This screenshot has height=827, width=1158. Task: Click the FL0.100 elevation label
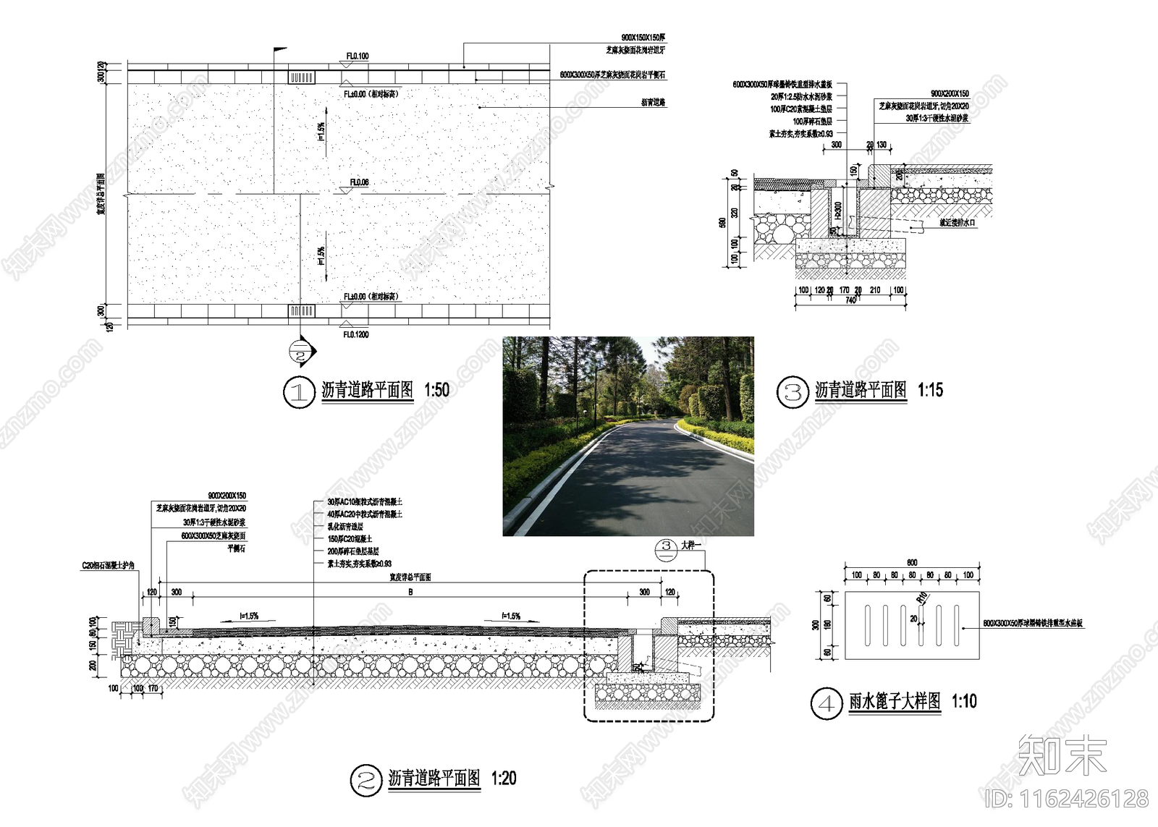357,56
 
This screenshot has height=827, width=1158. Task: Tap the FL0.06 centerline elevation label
359,182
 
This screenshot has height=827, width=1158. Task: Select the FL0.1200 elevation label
356,334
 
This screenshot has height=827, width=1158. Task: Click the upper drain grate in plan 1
302,77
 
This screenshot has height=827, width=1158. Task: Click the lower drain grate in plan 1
302,311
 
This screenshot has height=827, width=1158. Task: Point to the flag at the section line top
280,51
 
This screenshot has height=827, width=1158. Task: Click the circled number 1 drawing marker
297,392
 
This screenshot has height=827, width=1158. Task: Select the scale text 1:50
436,391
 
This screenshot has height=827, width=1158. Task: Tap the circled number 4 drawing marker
826,703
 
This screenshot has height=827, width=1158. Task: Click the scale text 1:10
964,701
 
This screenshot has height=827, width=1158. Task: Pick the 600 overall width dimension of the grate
912,562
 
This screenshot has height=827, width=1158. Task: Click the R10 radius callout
922,598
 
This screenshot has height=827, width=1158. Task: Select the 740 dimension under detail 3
850,300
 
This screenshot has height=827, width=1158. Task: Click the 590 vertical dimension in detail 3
722,222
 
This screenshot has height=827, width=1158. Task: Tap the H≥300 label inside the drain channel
838,211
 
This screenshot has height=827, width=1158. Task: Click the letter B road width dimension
410,592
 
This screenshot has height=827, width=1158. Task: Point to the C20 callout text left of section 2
108,565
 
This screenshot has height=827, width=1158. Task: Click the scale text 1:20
504,779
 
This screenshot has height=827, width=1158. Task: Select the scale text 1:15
930,391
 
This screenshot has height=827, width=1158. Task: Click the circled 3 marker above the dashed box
667,546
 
